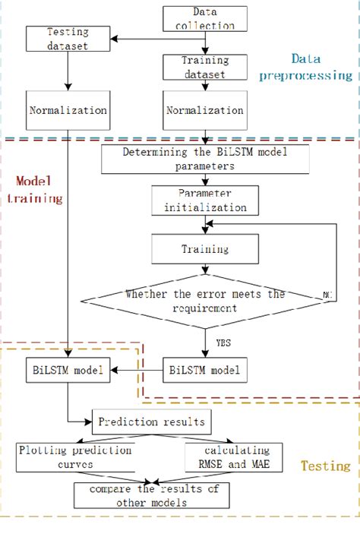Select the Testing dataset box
pos(68,39)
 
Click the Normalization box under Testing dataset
pos(68,110)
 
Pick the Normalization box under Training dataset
pos(204,110)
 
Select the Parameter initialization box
pos(200,200)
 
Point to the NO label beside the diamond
pos(329,292)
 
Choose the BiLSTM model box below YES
pos(204,370)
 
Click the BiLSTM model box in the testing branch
pos(68,370)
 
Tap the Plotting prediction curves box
pos(74,456)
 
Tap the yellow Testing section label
pos(325,465)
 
